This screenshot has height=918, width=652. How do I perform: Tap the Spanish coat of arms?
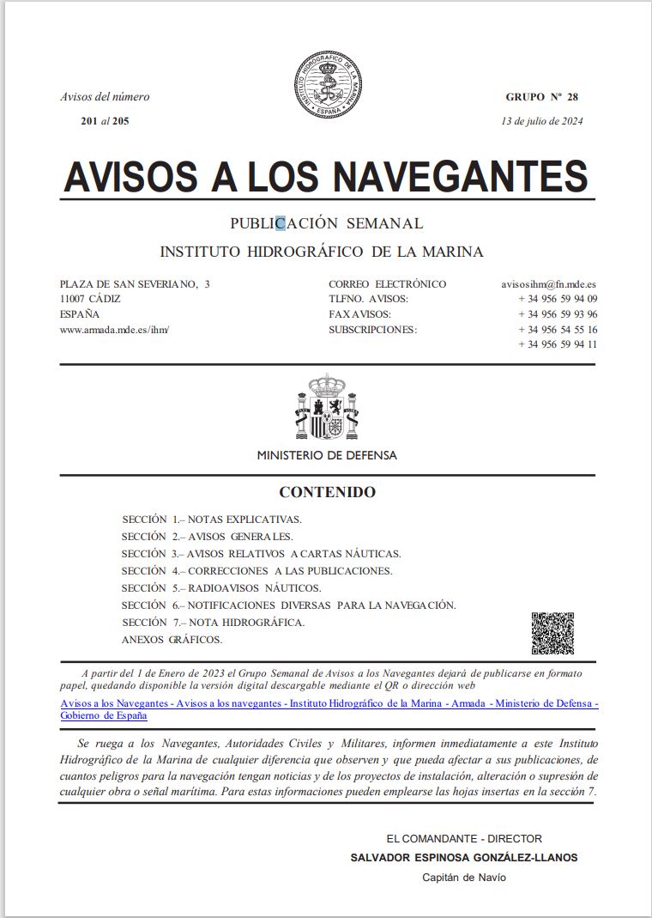point(326,406)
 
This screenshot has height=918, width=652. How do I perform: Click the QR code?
point(552,633)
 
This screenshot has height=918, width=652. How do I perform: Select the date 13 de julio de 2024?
point(542,121)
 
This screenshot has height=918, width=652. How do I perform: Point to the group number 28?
point(572,97)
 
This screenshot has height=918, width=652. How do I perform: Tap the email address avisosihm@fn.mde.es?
point(549,284)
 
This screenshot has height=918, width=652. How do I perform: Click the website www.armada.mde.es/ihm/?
point(115,330)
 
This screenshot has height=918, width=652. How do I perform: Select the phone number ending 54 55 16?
point(558,330)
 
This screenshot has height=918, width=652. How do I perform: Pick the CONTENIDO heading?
point(327,493)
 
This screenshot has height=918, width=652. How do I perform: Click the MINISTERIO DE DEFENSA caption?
point(327,455)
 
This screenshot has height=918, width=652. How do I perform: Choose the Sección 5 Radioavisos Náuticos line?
point(221,588)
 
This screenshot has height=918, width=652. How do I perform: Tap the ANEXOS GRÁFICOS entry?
point(172,640)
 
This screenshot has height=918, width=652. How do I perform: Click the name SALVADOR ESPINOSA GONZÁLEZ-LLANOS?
point(464,857)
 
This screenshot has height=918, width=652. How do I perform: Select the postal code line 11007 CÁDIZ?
point(90,299)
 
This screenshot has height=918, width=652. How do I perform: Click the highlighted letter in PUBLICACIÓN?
point(280,223)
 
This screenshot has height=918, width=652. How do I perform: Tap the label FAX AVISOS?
point(359,314)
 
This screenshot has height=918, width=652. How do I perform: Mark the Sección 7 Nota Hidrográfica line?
point(214,623)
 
